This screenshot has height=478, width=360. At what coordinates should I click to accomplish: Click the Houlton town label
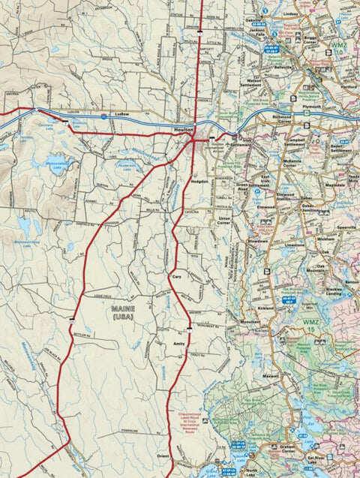[184, 129]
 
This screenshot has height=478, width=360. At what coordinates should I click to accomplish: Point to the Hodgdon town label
[200, 181]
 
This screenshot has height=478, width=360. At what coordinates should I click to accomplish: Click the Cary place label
[178, 276]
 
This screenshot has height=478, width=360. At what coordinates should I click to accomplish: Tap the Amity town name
[178, 342]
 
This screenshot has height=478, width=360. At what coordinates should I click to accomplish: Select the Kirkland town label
[266, 308]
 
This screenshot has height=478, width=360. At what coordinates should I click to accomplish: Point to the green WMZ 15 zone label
[311, 324]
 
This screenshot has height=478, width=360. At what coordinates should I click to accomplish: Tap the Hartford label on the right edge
[349, 86]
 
